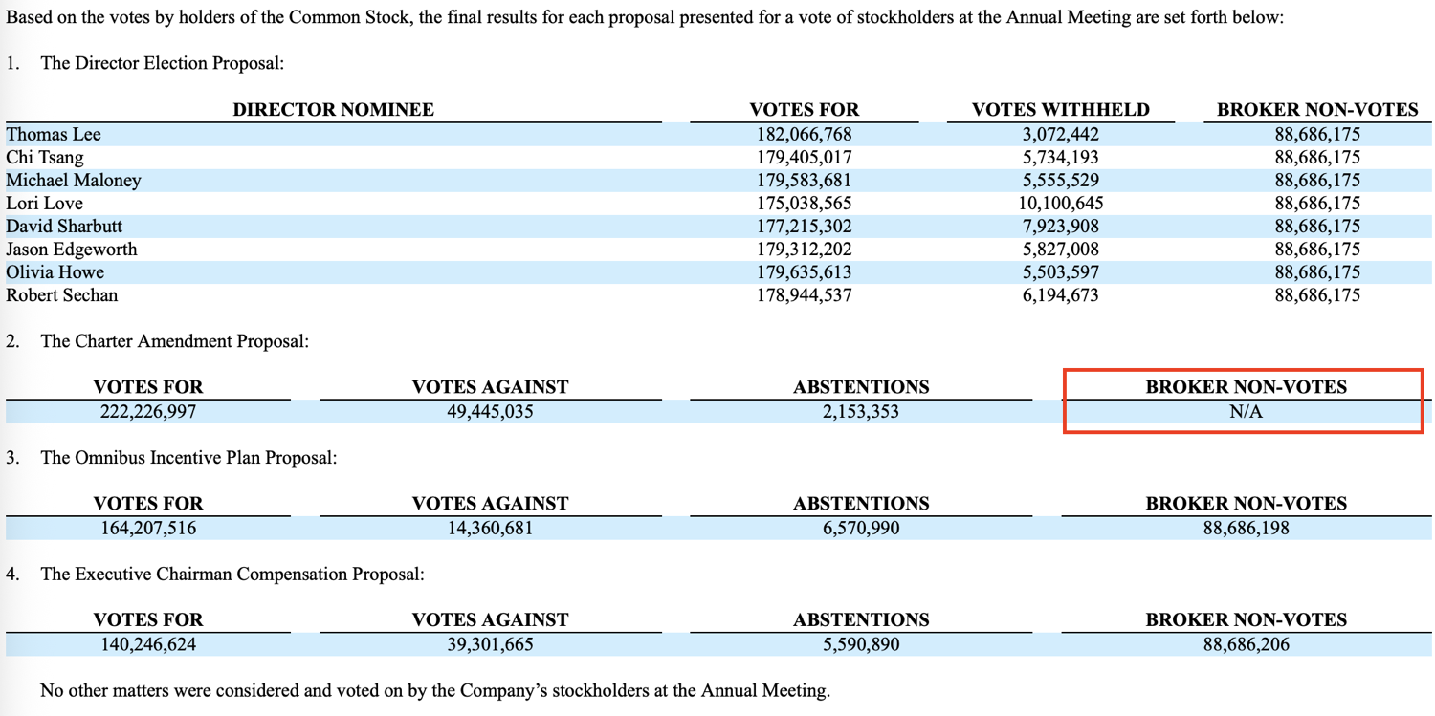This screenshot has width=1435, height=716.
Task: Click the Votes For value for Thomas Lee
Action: (x=804, y=135)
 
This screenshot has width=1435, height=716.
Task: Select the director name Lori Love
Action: (x=45, y=204)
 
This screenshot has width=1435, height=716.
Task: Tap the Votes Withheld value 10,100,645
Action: (x=1060, y=204)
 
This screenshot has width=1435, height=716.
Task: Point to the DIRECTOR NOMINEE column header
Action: (x=333, y=110)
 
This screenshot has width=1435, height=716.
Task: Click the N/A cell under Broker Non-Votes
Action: (x=1246, y=413)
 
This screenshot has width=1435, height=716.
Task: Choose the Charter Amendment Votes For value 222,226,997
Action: (x=148, y=413)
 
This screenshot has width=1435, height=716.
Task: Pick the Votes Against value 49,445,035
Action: (x=490, y=413)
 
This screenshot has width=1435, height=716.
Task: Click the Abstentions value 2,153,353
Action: (x=860, y=413)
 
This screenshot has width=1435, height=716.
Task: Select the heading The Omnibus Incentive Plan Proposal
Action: (x=188, y=458)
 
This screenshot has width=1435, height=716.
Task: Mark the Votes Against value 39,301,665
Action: (x=490, y=645)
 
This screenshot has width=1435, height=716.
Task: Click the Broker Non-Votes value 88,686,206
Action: (x=1246, y=645)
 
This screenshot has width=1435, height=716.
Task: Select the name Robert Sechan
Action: (x=62, y=295)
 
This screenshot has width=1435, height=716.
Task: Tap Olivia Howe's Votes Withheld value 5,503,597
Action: (x=1060, y=272)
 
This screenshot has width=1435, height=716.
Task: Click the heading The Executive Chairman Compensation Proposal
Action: (x=232, y=575)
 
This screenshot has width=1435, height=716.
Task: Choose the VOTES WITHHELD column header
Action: (x=1060, y=110)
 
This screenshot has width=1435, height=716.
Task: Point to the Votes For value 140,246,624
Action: (x=148, y=645)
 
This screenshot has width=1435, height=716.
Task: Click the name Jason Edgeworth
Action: (x=72, y=250)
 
